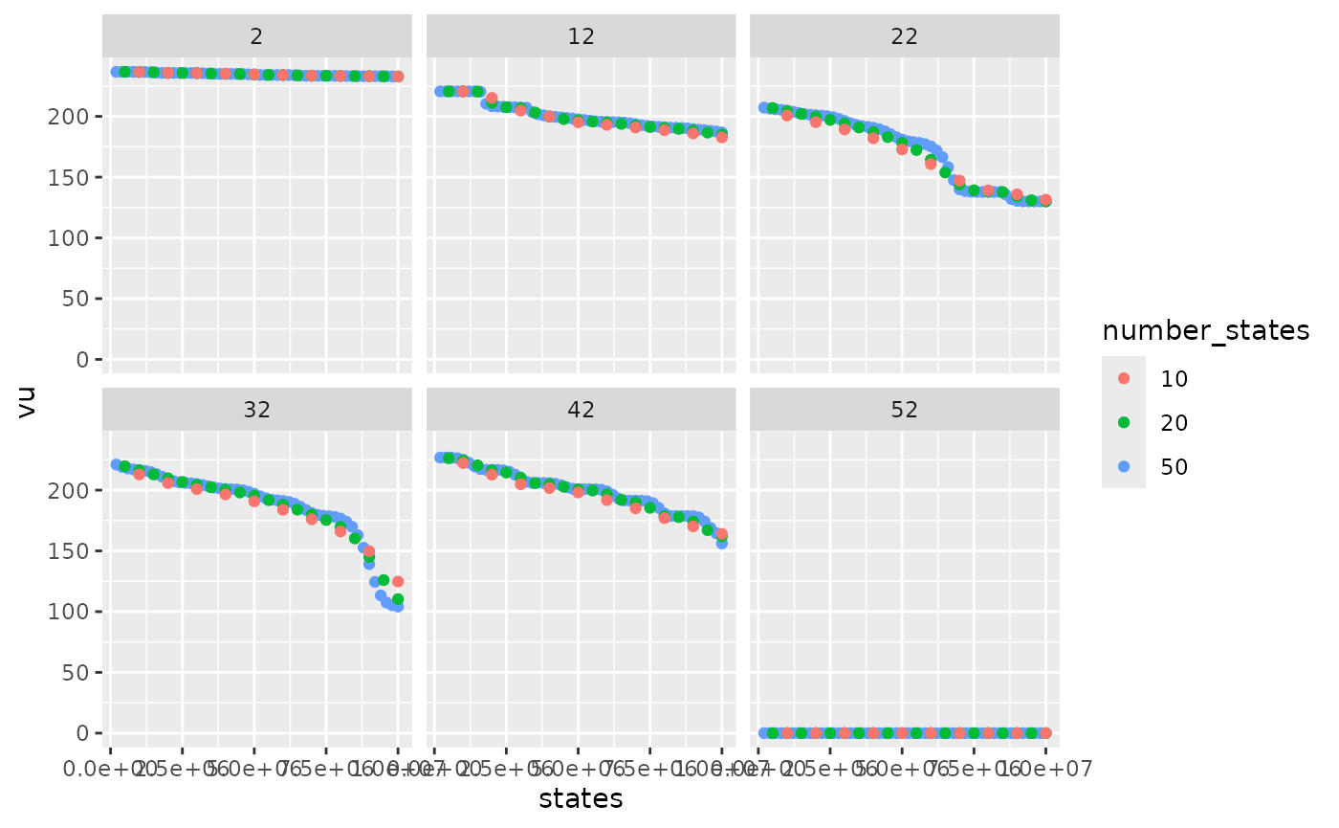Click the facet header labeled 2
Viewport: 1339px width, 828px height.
[x=256, y=36]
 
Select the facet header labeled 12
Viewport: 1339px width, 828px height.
[x=581, y=36]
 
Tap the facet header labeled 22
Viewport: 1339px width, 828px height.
[x=904, y=36]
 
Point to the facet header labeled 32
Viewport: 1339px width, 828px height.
[x=256, y=410]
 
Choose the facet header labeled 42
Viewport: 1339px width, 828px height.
[x=581, y=410]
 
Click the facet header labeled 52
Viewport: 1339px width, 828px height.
[x=904, y=410]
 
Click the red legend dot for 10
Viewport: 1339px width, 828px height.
[x=1124, y=378]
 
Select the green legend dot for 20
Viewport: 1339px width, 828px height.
[x=1124, y=422]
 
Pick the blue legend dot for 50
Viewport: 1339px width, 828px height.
[x=1124, y=466]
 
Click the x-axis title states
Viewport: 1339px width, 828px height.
[x=581, y=798]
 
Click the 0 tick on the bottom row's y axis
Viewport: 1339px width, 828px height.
[x=82, y=733]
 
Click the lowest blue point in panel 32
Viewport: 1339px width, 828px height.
[x=398, y=607]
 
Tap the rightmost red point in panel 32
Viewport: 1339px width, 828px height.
[x=398, y=581]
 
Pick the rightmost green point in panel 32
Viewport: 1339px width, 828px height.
[x=398, y=599]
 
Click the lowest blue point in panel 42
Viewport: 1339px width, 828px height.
[x=721, y=544]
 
